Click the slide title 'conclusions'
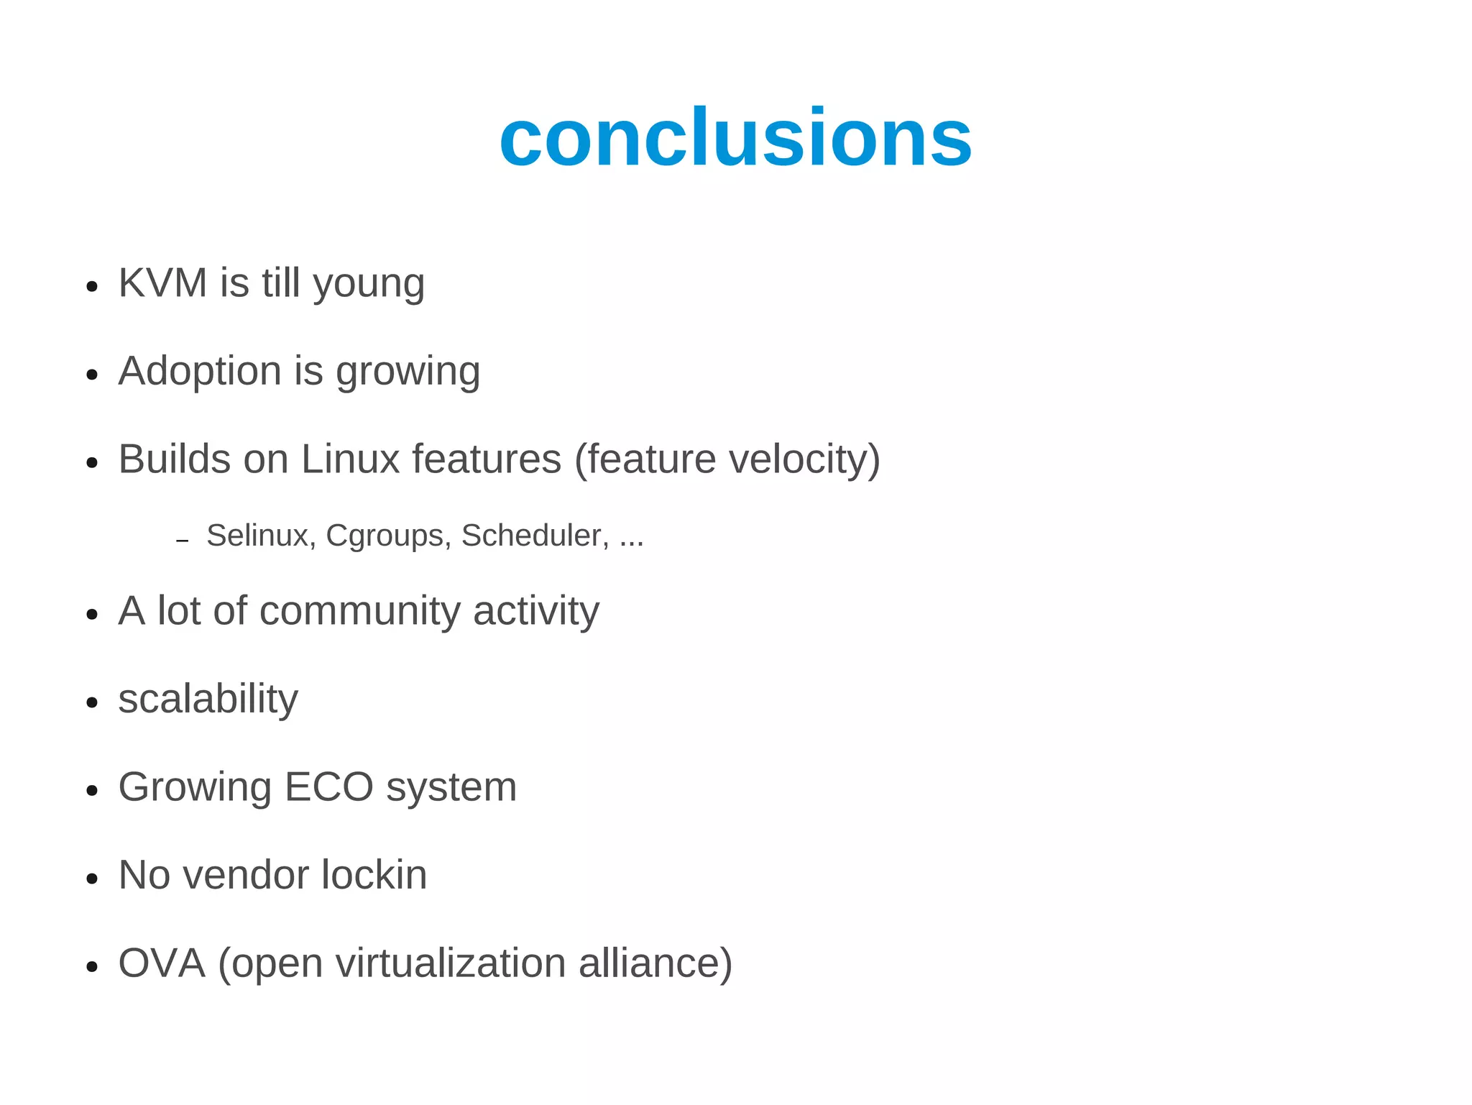[x=735, y=137]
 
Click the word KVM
[x=163, y=283]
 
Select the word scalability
[x=208, y=700]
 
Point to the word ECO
[x=328, y=787]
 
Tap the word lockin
[x=374, y=875]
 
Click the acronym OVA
[x=162, y=963]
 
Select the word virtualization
[x=451, y=963]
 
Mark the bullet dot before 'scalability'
[x=91, y=702]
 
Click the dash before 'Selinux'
[x=182, y=540]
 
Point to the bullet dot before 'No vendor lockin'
[x=91, y=879]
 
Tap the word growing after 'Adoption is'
[x=408, y=374]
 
